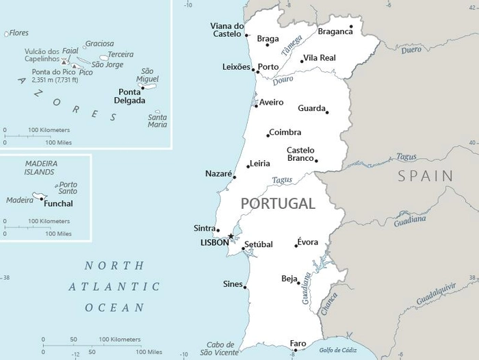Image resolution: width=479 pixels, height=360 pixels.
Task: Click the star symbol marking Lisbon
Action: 231,236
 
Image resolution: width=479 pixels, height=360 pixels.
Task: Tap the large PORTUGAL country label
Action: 278,203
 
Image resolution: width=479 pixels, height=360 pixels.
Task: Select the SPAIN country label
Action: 426,176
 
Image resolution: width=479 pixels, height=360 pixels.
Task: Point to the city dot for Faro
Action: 296,350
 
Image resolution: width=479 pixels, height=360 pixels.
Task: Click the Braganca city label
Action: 335,31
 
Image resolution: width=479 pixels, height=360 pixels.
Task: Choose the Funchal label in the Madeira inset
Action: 58,203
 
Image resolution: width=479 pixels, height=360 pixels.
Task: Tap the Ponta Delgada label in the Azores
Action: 131,96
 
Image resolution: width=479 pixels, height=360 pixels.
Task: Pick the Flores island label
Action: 18,32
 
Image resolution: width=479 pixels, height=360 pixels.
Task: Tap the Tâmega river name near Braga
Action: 291,46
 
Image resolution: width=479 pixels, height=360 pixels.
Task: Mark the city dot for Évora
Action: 296,246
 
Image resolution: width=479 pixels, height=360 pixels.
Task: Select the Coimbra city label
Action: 285,132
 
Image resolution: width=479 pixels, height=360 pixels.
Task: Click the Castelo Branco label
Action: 300,154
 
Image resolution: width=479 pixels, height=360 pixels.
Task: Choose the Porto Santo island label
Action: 68,188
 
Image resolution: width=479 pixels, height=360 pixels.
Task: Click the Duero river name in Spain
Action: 411,49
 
